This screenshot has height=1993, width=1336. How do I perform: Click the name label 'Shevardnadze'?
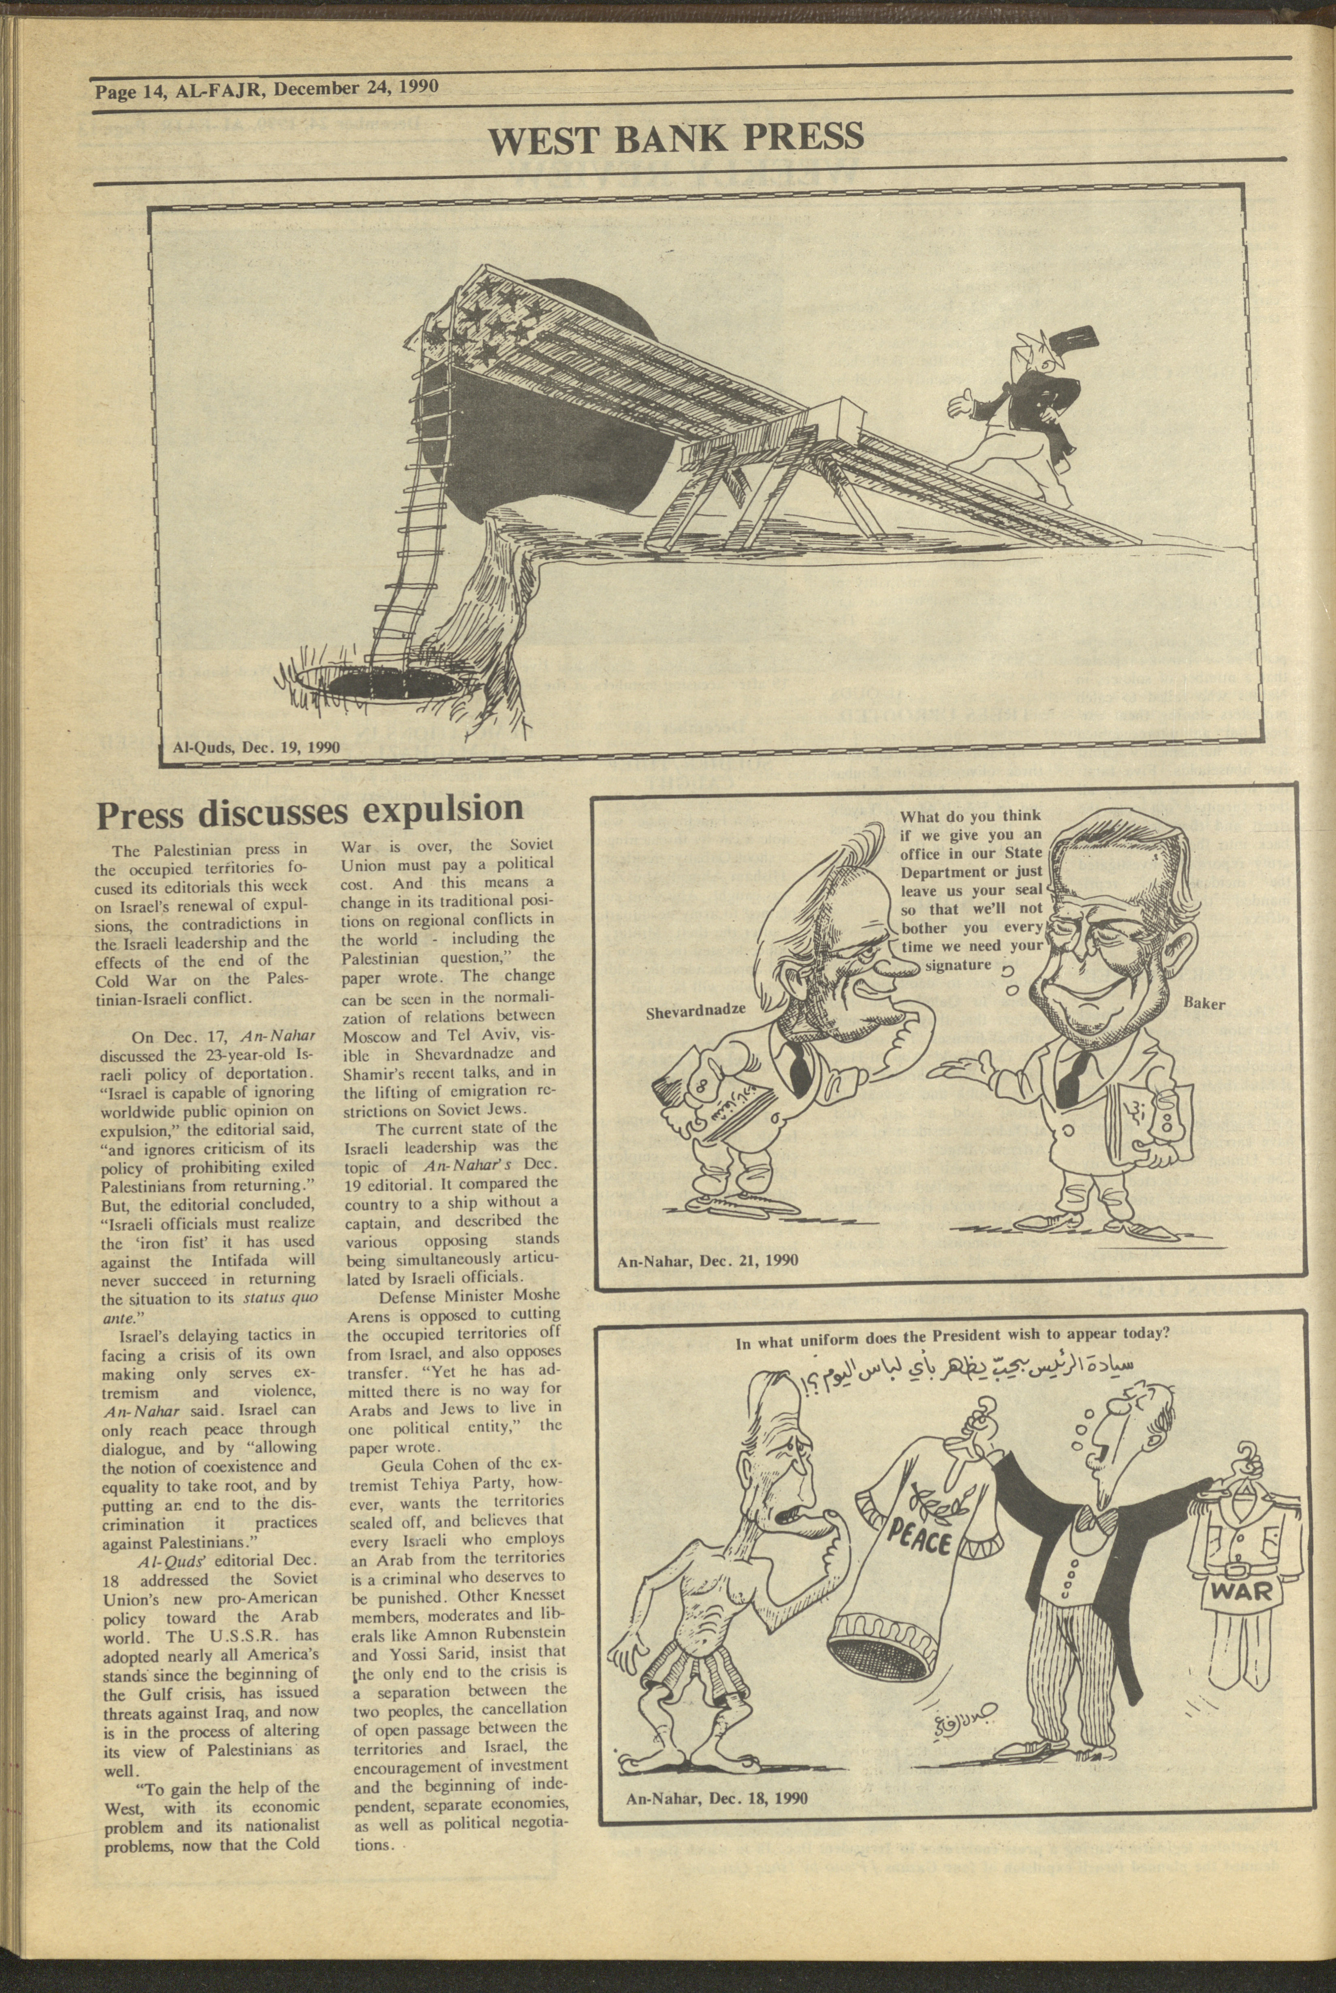695,1009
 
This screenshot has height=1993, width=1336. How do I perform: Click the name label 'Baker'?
1204,1004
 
